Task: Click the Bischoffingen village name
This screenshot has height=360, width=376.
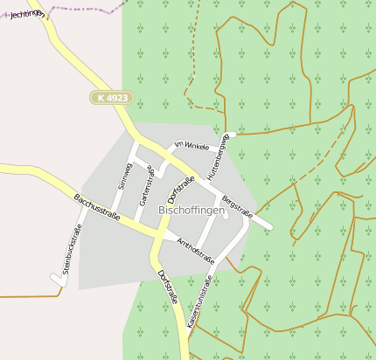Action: pyautogui.click(x=191, y=211)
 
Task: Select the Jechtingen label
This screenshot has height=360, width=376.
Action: pyautogui.click(x=28, y=14)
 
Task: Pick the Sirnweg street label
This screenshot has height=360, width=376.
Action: pyautogui.click(x=123, y=176)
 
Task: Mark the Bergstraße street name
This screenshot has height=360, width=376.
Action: pyautogui.click(x=237, y=207)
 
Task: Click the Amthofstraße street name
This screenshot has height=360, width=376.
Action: pyautogui.click(x=196, y=250)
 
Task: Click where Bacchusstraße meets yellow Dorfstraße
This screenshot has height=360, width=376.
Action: pyautogui.click(x=157, y=236)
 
